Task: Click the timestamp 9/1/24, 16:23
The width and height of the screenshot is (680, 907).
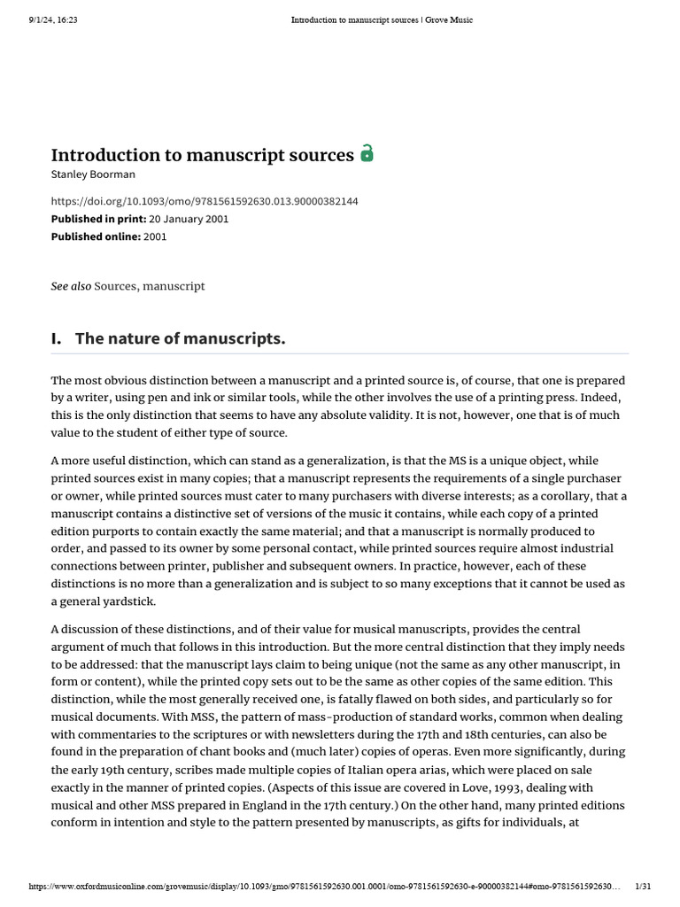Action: [53, 20]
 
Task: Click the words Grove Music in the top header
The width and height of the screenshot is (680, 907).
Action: [451, 20]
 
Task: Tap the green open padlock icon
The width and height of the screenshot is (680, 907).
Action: [367, 154]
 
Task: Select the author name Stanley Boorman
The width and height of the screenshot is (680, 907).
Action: [93, 174]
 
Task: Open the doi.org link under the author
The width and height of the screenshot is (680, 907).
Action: [205, 202]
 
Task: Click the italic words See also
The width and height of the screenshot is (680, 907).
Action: [71, 286]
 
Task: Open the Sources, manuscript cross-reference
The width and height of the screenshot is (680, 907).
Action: [150, 286]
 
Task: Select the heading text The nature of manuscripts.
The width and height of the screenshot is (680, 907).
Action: [181, 338]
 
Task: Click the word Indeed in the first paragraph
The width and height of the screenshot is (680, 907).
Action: [602, 398]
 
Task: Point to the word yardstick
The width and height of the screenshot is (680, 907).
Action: [128, 601]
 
